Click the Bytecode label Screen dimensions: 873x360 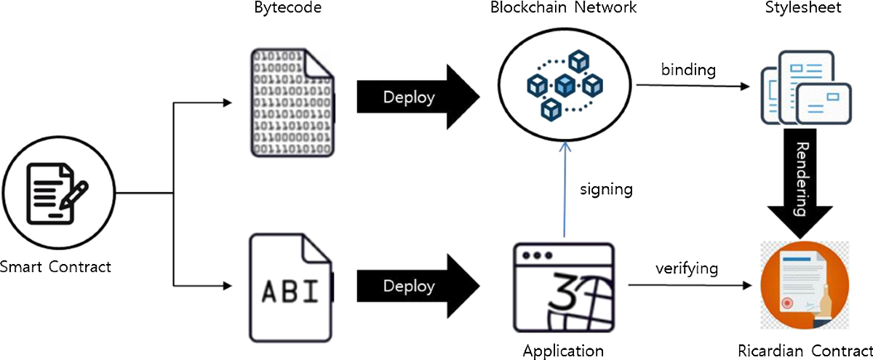(287, 8)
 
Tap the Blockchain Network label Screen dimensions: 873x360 (563, 7)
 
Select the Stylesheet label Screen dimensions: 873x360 (803, 8)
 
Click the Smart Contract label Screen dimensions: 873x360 (55, 267)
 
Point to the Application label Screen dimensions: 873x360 (563, 351)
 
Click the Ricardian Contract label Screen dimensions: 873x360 (805, 351)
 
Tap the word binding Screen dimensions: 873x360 (688, 70)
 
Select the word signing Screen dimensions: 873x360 (606, 189)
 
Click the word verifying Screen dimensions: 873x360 (687, 268)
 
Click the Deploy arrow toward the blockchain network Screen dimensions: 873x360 (418, 97)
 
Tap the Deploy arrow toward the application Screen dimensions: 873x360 (418, 286)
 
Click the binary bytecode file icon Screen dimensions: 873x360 (292, 103)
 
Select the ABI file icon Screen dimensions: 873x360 (292, 288)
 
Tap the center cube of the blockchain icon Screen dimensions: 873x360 (565, 85)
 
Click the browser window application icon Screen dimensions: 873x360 (564, 287)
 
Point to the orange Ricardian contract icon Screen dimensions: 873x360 (805, 285)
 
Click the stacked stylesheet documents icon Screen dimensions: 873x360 (805, 88)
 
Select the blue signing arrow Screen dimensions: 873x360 (565, 189)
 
